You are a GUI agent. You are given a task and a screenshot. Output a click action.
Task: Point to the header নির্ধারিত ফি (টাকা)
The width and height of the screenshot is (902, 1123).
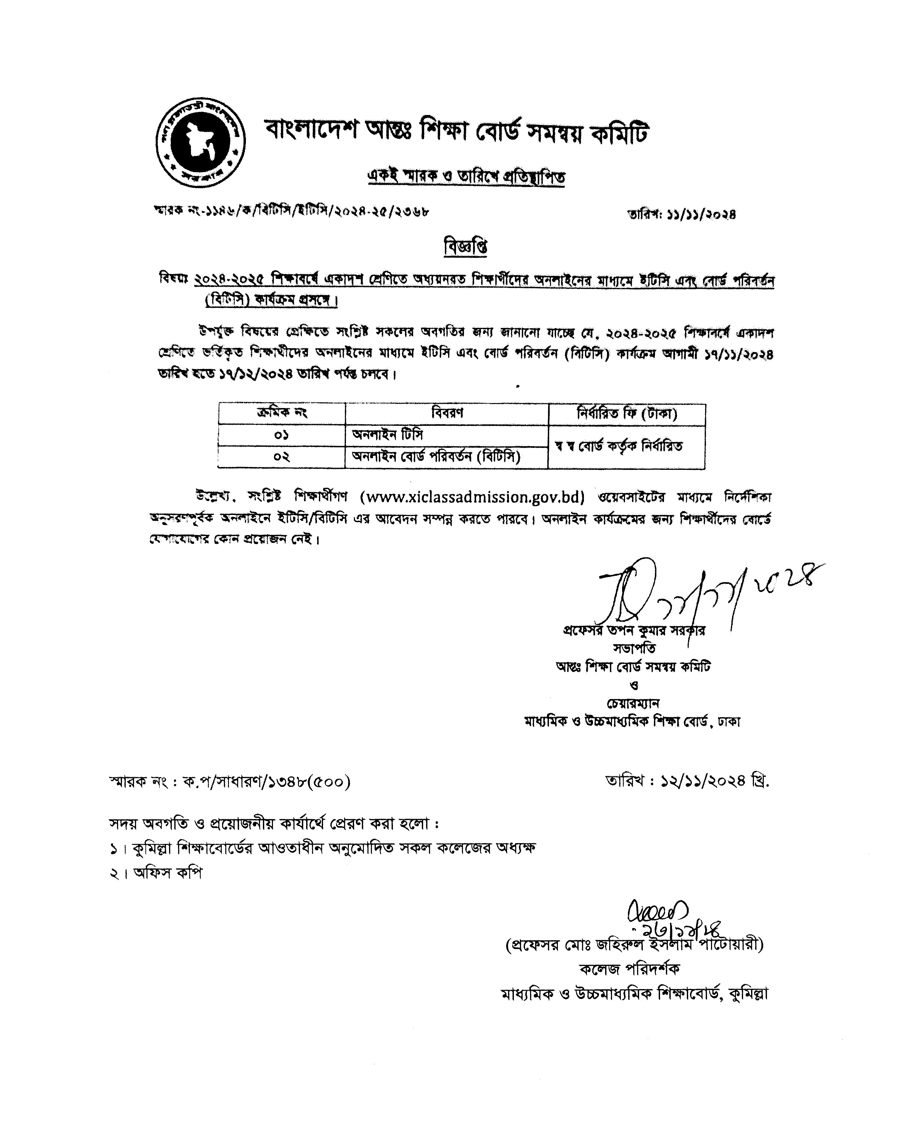point(627,414)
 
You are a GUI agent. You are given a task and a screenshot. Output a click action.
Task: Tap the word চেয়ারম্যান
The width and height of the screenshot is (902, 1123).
point(633,703)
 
